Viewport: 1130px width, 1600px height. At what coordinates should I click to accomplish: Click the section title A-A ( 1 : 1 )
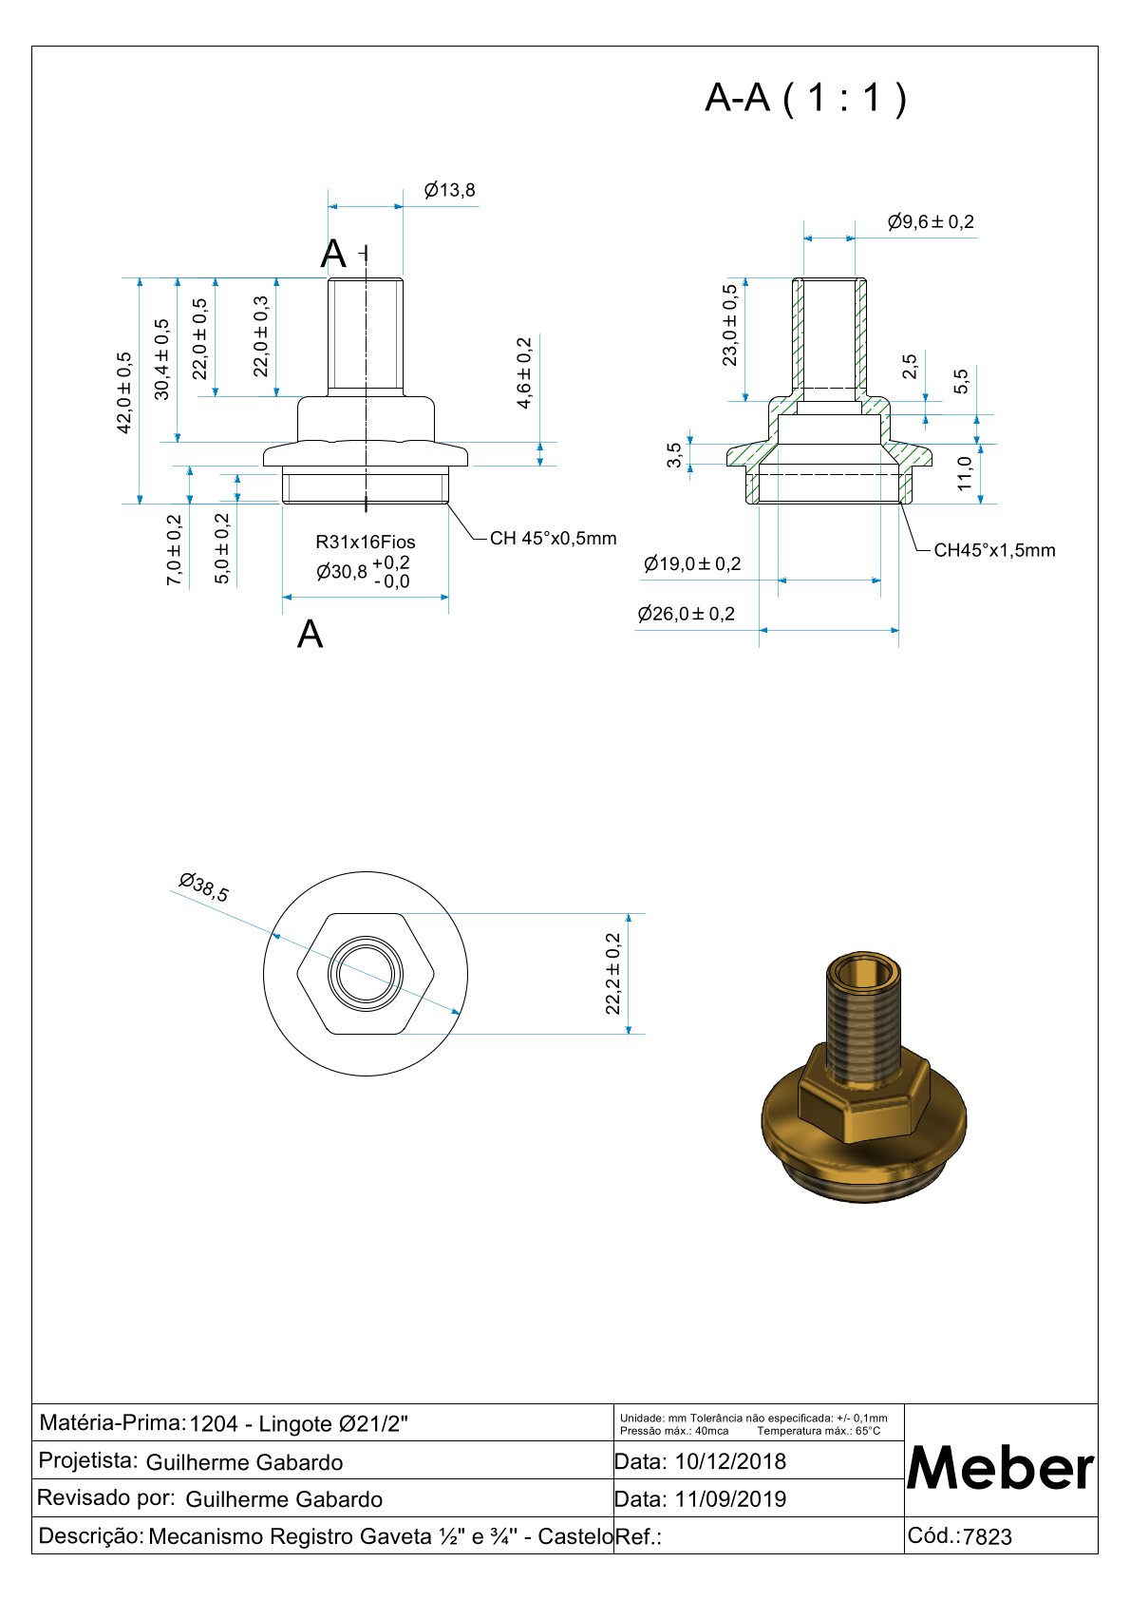pos(805,97)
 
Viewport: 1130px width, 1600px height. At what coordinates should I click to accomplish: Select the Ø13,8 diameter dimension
pos(449,190)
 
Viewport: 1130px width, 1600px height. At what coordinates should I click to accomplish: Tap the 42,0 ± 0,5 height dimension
pos(124,392)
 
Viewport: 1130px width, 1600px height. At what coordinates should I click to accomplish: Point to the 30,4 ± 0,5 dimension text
pos(162,359)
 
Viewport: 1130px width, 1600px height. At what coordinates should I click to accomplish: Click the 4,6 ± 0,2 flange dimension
pos(524,372)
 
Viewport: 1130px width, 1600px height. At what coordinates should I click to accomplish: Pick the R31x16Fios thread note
pos(366,542)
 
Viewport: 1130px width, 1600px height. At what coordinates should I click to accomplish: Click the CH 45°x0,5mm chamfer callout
pos(553,539)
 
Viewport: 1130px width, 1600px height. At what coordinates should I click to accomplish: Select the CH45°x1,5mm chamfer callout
pos(994,550)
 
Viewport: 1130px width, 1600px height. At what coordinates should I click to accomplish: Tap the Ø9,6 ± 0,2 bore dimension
pos(931,222)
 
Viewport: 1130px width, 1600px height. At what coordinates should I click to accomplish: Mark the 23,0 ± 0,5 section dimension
pos(729,325)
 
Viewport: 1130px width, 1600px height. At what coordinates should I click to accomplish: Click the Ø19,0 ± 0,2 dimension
pos(692,563)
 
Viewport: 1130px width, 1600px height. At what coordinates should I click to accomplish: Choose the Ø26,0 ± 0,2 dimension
pos(687,614)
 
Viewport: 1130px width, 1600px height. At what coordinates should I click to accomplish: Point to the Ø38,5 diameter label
pos(204,887)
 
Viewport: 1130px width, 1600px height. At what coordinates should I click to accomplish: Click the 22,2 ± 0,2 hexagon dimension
pos(613,973)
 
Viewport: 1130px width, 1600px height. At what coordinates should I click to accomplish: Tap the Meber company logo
pos(1000,1468)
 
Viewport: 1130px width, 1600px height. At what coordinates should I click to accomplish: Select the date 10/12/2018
pos(730,1461)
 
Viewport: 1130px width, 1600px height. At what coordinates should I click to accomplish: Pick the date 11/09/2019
pos(730,1499)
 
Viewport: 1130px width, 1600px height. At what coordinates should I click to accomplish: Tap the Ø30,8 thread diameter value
pos(342,572)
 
